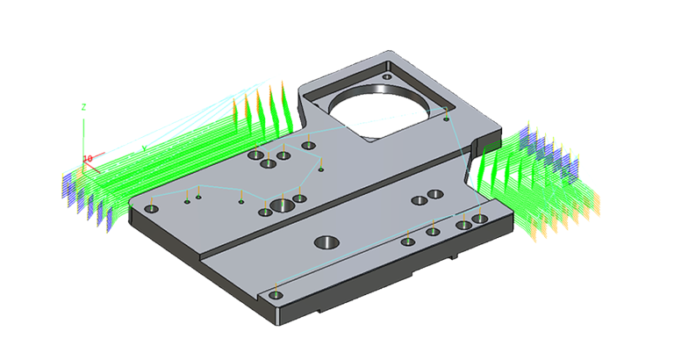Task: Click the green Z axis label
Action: coord(83,106)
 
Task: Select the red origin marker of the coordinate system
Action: coord(88,159)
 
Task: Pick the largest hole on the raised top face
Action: coord(283,206)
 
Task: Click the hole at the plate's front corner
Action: coord(276,295)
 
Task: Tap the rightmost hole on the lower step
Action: coord(480,218)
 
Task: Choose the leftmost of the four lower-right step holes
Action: coord(408,241)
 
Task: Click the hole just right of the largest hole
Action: coord(300,198)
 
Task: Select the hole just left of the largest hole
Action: coord(265,212)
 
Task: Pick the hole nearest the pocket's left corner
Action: coord(308,146)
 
